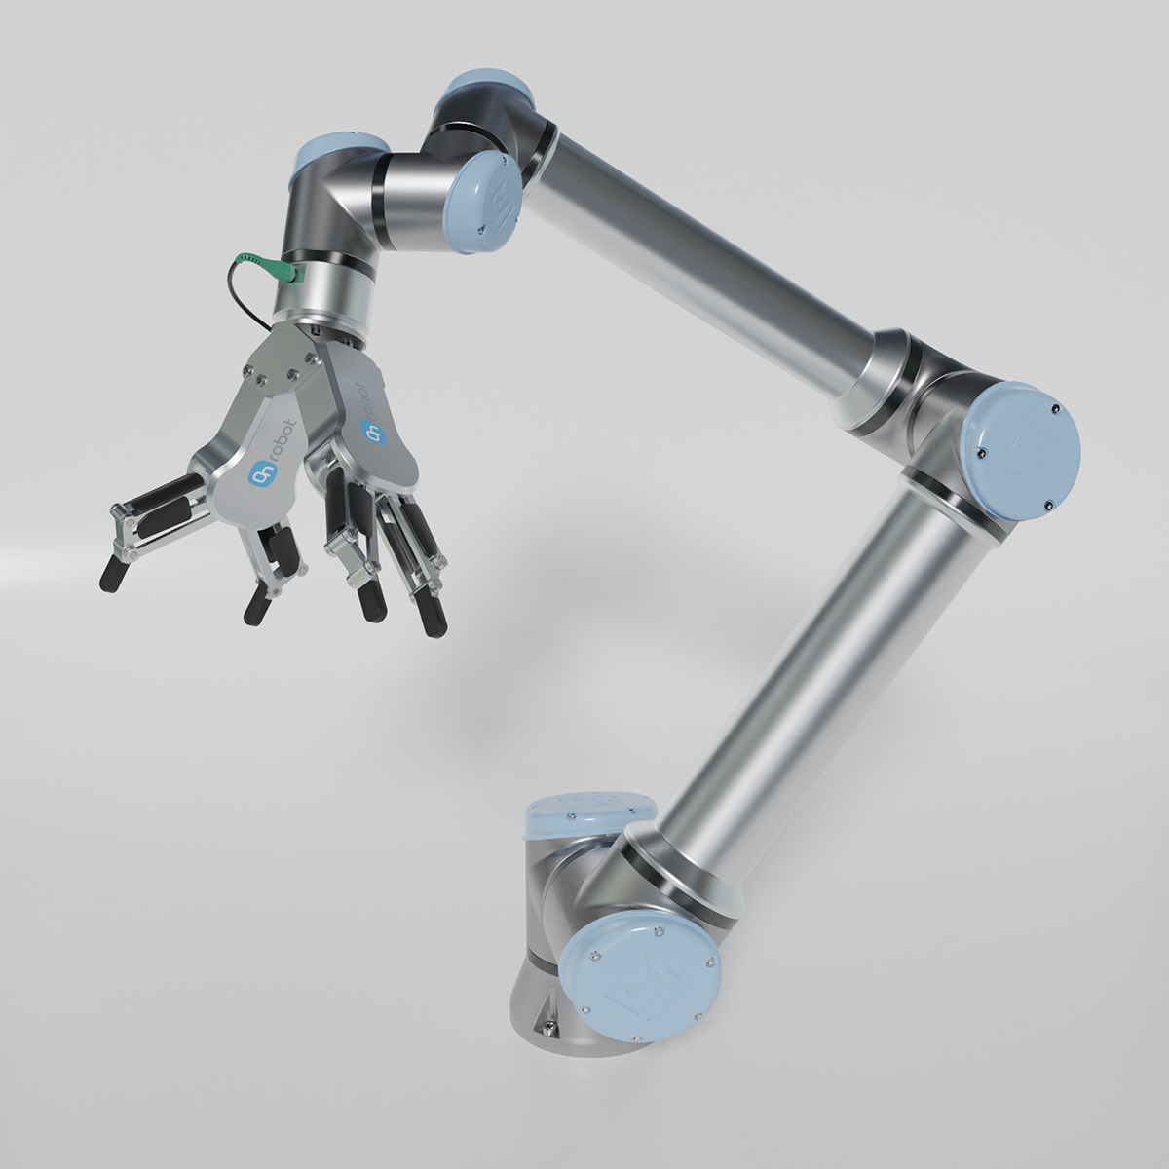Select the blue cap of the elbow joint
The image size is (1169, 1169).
(1021, 444)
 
